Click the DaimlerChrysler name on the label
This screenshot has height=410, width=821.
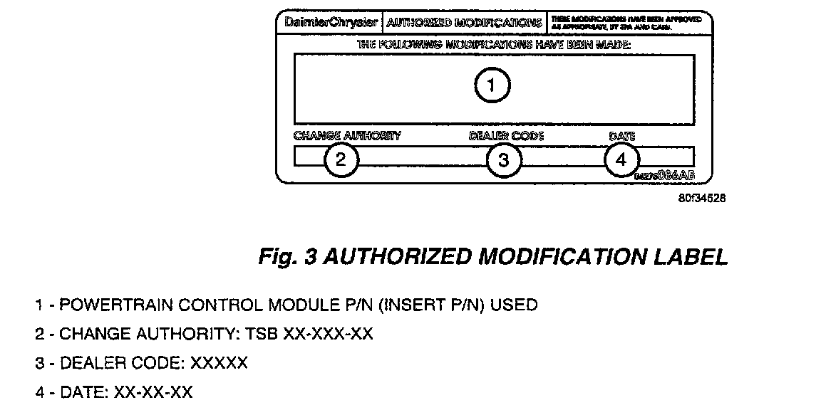(331, 22)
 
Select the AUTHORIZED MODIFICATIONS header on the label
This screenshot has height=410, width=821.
(464, 22)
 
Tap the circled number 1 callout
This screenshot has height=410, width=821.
(492, 85)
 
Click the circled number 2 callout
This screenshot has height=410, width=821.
(341, 159)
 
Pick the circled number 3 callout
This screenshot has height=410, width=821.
(504, 159)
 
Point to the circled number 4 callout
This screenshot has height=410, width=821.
(621, 159)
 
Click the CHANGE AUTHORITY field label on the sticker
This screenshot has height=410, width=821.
(347, 135)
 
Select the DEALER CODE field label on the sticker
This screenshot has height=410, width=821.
(506, 135)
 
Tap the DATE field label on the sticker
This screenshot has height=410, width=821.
(622, 135)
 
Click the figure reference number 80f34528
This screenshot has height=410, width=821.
(702, 199)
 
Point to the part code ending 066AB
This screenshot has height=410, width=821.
(663, 174)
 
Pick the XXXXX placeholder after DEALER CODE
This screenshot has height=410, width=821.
(219, 363)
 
